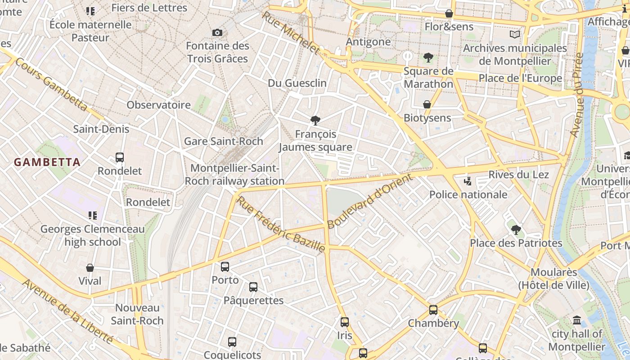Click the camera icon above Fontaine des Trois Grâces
click(x=217, y=32)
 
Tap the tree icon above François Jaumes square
click(x=315, y=120)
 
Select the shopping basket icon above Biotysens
click(x=427, y=104)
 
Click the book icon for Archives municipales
click(x=515, y=34)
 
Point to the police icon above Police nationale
click(x=468, y=181)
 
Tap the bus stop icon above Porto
click(x=225, y=266)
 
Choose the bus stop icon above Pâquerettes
click(x=253, y=287)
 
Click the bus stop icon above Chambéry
click(x=433, y=310)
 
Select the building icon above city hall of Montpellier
click(x=577, y=320)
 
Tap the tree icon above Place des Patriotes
click(x=516, y=230)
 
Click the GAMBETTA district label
click(x=47, y=162)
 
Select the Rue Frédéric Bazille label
click(x=281, y=224)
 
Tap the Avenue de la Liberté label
click(x=67, y=311)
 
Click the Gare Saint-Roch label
click(x=224, y=141)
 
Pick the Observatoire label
click(x=159, y=105)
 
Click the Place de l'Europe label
click(x=520, y=78)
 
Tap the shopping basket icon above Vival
click(x=90, y=268)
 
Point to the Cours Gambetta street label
click(x=51, y=85)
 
